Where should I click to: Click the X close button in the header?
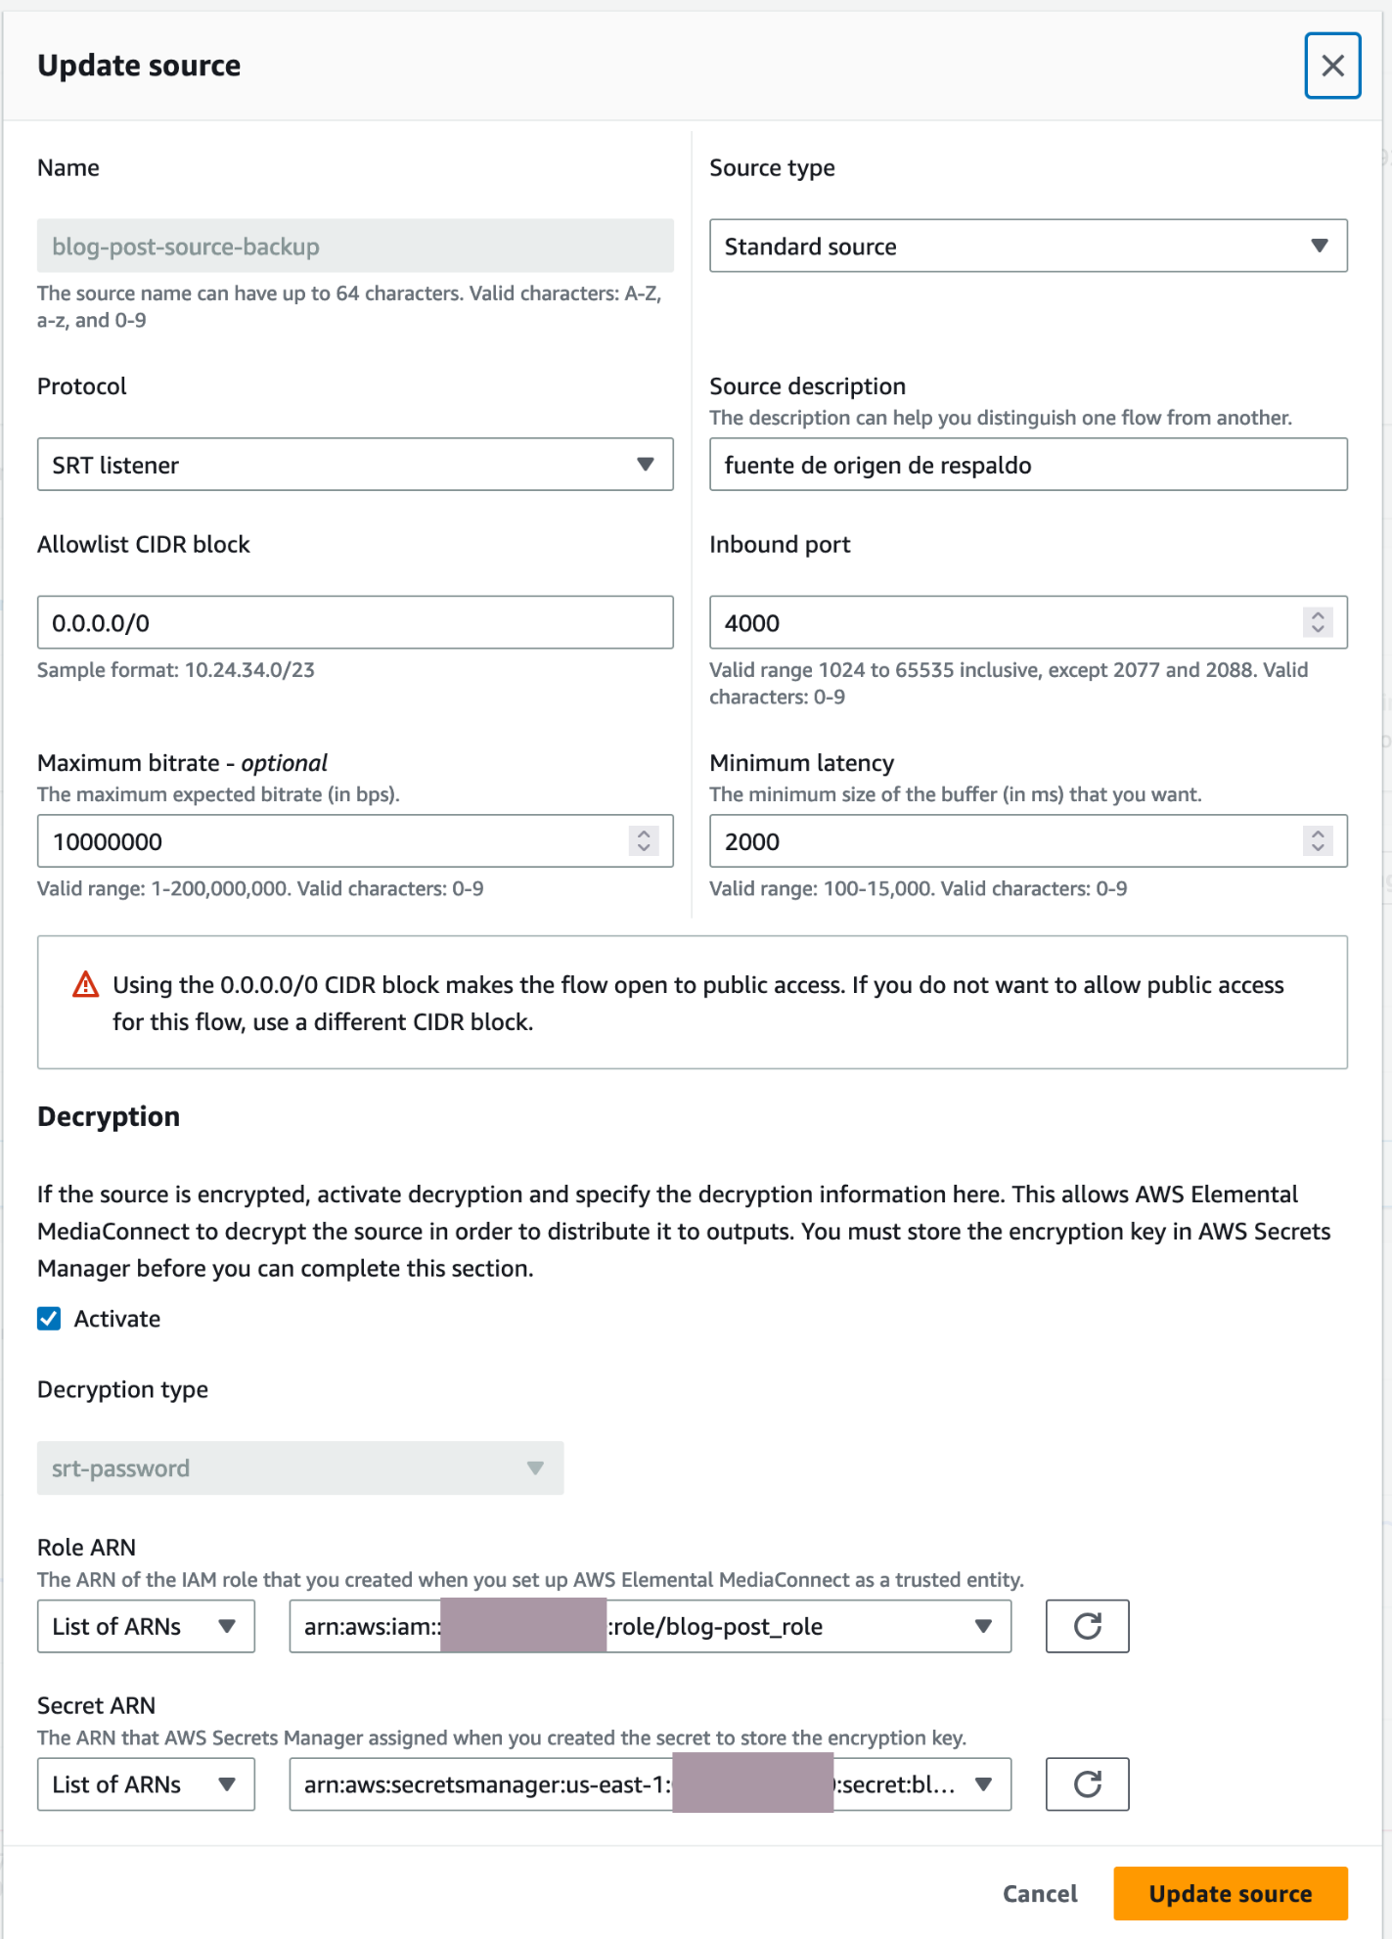click(1331, 66)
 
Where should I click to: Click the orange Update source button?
click(1230, 1893)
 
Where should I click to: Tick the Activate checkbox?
click(49, 1319)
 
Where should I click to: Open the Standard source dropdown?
click(1027, 246)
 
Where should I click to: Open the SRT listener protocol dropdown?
click(354, 465)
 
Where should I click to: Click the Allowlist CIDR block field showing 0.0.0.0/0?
click(354, 622)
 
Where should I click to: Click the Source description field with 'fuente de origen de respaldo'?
click(1027, 465)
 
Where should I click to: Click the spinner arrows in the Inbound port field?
click(1318, 622)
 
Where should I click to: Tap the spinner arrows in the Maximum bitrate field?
click(643, 841)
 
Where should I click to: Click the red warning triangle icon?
click(86, 985)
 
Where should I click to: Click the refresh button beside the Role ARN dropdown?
click(1087, 1626)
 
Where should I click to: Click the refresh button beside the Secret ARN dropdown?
click(1087, 1784)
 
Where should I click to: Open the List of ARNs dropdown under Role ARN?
click(146, 1626)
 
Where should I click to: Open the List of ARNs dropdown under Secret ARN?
click(146, 1784)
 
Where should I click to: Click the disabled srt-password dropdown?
click(299, 1467)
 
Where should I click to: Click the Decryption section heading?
click(109, 1116)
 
